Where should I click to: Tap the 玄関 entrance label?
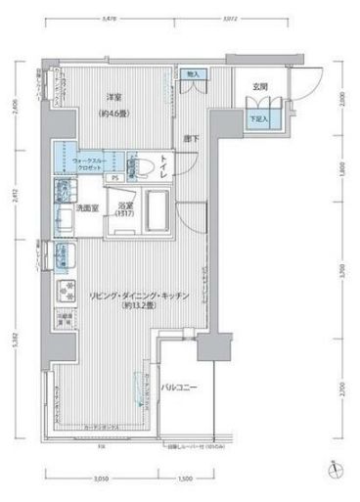[259, 87]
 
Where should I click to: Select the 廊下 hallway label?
[192, 139]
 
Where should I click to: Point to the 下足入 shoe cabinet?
[258, 118]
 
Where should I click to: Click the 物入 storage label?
[192, 75]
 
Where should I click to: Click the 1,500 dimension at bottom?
[184, 480]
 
